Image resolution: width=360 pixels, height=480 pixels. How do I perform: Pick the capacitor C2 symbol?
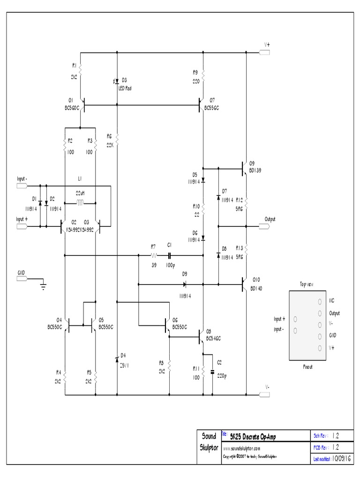(212, 372)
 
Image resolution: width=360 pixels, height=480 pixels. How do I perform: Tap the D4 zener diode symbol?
(117, 359)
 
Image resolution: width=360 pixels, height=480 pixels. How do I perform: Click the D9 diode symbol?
(184, 284)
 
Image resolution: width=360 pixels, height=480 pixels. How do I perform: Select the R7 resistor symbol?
(153, 255)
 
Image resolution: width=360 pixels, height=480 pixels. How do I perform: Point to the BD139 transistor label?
(256, 171)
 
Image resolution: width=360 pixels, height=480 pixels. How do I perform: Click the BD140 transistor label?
(256, 289)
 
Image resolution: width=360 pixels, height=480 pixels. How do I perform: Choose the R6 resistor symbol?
(117, 139)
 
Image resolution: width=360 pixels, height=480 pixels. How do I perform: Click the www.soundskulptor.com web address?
(241, 448)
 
